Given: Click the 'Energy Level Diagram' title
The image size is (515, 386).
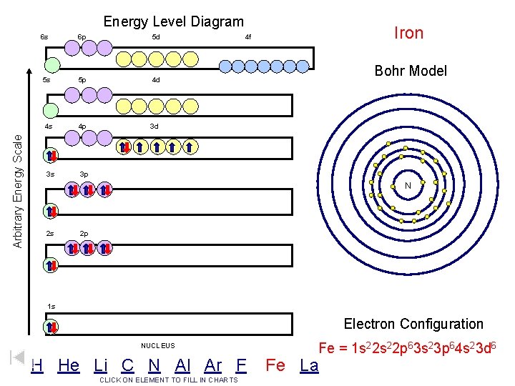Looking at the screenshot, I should click(173, 22).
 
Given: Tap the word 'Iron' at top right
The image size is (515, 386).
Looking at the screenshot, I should click(409, 33).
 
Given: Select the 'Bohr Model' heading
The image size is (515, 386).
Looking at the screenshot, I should click(411, 71).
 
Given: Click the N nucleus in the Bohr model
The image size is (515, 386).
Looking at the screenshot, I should click(407, 186).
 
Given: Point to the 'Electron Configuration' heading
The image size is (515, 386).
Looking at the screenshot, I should click(413, 324).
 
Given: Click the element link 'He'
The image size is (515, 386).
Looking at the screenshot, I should click(69, 365).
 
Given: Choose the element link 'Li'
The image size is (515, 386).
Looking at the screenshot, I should click(101, 365).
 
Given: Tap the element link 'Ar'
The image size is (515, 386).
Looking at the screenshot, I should click(212, 365).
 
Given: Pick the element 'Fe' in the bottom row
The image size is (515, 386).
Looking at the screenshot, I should click(275, 366).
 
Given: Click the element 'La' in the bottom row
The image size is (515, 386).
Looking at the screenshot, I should click(309, 366).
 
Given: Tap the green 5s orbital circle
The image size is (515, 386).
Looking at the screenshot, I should click(51, 111).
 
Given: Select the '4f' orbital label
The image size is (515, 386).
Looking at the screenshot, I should click(248, 36).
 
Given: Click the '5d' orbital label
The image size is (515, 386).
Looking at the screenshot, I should click(156, 36).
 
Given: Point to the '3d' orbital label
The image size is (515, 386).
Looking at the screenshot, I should click(154, 127).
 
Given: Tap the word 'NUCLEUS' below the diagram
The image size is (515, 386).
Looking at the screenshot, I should click(158, 346).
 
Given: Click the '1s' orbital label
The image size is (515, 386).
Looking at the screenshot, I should click(51, 307).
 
